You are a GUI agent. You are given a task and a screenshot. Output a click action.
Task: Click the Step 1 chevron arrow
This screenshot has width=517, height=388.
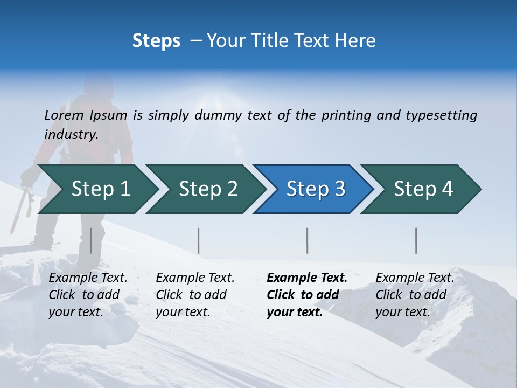pos(97,189)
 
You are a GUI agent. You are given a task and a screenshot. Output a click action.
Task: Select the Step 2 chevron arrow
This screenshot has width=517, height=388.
pos(205,189)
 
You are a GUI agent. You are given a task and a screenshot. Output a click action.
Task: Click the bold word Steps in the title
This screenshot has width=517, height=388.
pos(156,41)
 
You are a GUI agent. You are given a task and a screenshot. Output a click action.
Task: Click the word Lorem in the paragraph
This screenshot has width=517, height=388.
pos(64,115)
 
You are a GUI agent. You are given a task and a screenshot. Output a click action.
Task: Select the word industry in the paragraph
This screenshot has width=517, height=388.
pos(71,134)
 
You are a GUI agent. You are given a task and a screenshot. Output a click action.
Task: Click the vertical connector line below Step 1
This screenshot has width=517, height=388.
pos(90,240)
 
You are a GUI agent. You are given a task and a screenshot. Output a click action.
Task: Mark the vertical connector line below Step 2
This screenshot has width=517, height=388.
pos(198,240)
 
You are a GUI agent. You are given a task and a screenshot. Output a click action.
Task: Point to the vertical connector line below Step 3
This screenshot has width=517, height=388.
pos(307,240)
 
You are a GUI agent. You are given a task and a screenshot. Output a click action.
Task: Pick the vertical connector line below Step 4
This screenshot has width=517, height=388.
pos(416,240)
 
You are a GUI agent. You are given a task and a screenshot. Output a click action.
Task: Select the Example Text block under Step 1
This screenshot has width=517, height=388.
pos(87,295)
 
